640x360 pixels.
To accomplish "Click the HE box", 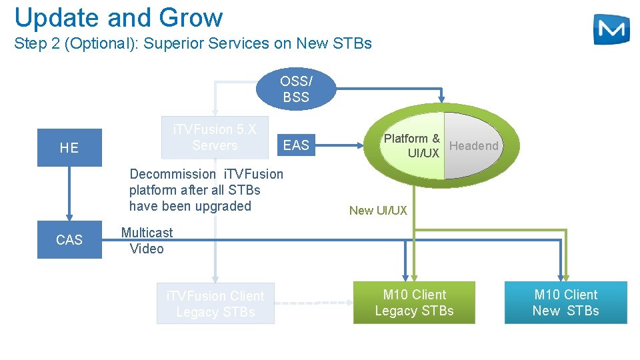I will click(x=69, y=147).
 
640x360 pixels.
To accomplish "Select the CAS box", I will click(x=69, y=239).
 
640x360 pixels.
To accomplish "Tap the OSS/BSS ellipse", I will click(x=295, y=89).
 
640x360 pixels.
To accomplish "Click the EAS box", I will click(x=296, y=145).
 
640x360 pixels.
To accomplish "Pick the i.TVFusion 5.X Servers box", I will click(x=215, y=137).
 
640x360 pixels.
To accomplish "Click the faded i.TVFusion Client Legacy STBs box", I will click(x=215, y=304).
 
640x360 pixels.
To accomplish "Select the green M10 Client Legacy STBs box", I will click(x=414, y=303).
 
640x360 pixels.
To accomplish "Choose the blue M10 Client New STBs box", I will click(x=565, y=303).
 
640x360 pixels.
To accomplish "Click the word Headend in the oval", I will click(x=473, y=146).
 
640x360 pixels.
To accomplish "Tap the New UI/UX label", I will click(x=378, y=211).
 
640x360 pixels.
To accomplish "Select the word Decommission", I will click(x=173, y=174).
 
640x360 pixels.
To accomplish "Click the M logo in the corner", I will click(x=611, y=29).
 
